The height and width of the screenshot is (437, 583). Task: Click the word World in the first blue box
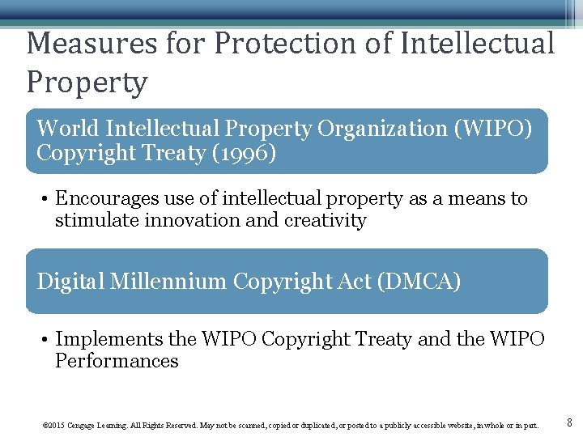68,129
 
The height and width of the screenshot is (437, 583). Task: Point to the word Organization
386,129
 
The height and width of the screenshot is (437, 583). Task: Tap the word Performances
117,361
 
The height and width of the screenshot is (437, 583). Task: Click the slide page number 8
568,422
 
